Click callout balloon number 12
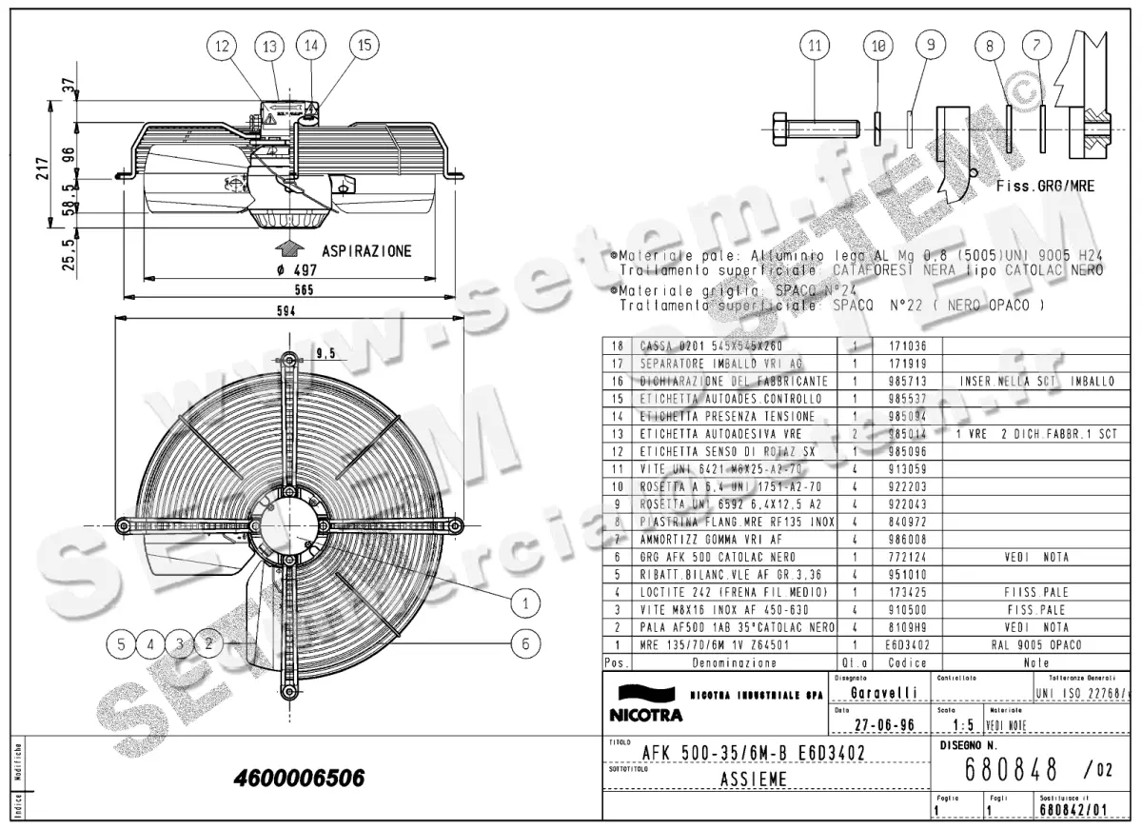tap(222, 45)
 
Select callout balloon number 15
tap(363, 44)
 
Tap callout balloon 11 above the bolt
tap(814, 45)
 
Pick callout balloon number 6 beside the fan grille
tap(524, 643)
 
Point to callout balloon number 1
tap(524, 602)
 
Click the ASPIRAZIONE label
tap(366, 251)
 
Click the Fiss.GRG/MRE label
tap(1045, 187)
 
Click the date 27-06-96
tap(884, 724)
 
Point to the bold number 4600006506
tap(299, 779)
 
